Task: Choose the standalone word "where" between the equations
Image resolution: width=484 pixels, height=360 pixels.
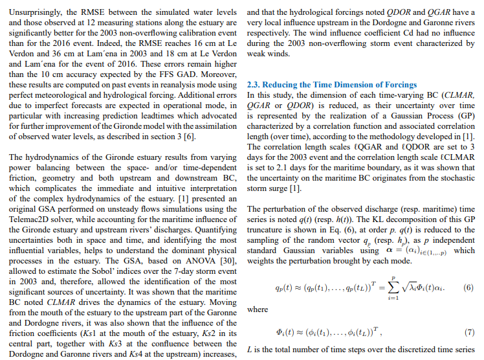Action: [258, 310]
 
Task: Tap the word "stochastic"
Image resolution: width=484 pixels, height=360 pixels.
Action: [454, 177]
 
